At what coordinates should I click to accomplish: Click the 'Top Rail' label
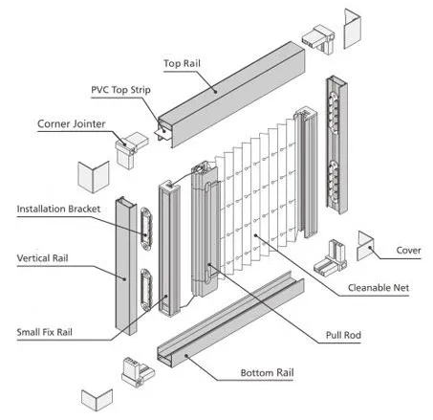click(x=182, y=63)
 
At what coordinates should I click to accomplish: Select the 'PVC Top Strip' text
click(x=120, y=90)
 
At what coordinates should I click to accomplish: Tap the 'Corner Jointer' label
click(x=72, y=123)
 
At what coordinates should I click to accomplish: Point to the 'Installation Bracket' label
click(x=58, y=209)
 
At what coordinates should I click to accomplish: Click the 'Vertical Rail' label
click(x=42, y=258)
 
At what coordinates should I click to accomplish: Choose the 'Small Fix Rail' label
click(x=45, y=332)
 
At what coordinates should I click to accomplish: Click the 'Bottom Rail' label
click(x=267, y=372)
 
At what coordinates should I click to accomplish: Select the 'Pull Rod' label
click(x=343, y=335)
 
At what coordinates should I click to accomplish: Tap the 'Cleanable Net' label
click(x=379, y=288)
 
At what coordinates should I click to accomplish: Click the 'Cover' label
click(x=408, y=251)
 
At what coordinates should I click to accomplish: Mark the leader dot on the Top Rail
click(x=216, y=92)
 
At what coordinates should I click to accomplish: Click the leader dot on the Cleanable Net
click(x=255, y=235)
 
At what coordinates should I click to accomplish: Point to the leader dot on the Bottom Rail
click(x=186, y=355)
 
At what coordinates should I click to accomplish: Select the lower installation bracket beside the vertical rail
click(x=146, y=290)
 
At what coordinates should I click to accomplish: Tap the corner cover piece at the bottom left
click(x=97, y=400)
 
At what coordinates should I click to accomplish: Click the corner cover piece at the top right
click(x=352, y=29)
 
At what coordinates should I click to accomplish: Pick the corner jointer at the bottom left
click(x=138, y=372)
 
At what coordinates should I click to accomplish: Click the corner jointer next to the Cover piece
click(x=331, y=257)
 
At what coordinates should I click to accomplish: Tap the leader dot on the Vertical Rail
click(x=125, y=278)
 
